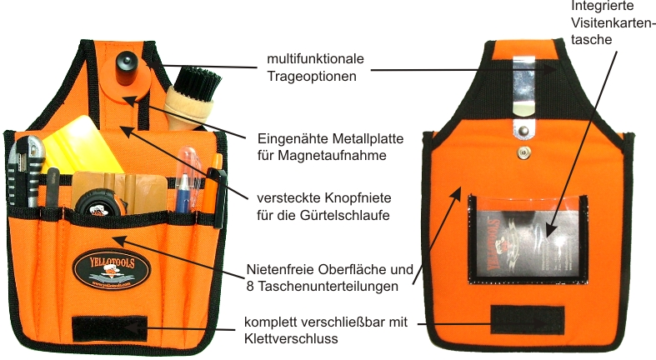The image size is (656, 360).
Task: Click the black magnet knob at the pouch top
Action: click(x=128, y=62)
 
